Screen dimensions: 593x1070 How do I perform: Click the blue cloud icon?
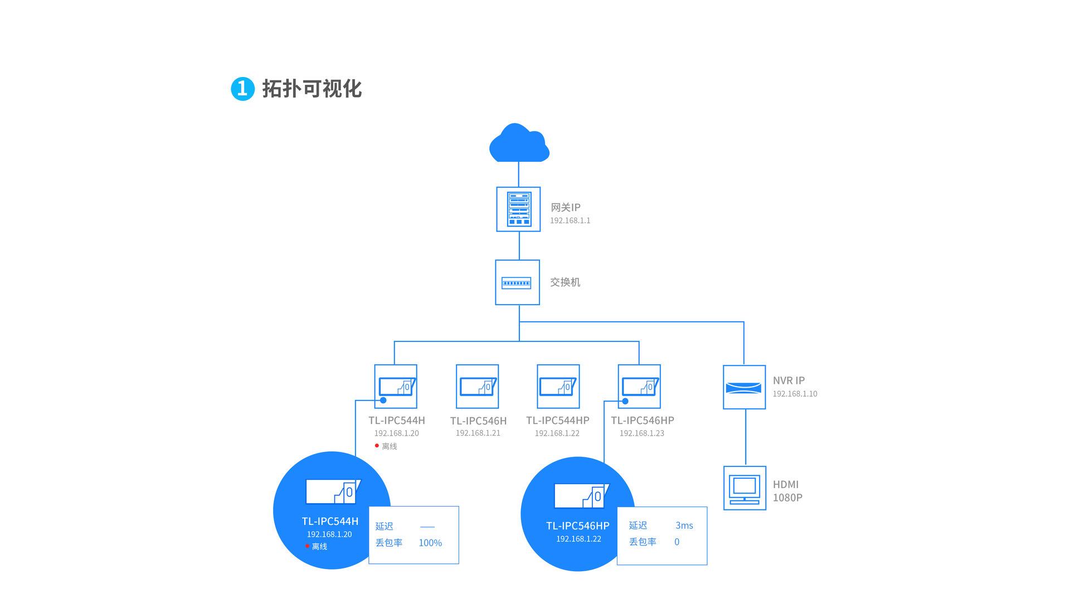(519, 144)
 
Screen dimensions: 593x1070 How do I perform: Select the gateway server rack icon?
(518, 209)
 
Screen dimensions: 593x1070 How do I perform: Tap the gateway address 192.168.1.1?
(570, 220)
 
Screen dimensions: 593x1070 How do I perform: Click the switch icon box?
(517, 282)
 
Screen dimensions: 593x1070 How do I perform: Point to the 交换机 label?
(565, 282)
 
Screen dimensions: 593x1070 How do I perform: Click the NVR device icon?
(744, 387)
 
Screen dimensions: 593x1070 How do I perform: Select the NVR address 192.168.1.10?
(795, 394)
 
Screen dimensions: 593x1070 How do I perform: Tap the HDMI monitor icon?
(745, 488)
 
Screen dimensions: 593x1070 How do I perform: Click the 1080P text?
(787, 498)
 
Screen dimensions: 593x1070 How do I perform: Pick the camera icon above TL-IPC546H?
(477, 387)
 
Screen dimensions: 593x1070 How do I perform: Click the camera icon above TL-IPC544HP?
(558, 387)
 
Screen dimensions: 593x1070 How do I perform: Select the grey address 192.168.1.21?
(478, 433)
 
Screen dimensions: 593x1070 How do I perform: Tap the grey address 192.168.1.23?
(641, 433)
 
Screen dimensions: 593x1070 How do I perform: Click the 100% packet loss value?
(430, 543)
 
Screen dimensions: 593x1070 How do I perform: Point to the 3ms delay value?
(684, 525)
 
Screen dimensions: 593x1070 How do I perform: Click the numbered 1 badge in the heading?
(242, 89)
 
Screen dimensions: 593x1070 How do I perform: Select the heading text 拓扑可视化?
(312, 89)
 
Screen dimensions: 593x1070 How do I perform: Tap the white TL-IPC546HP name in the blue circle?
(578, 525)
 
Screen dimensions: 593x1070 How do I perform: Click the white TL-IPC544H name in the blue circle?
(330, 521)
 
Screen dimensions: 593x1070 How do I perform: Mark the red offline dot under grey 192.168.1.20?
(377, 446)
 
